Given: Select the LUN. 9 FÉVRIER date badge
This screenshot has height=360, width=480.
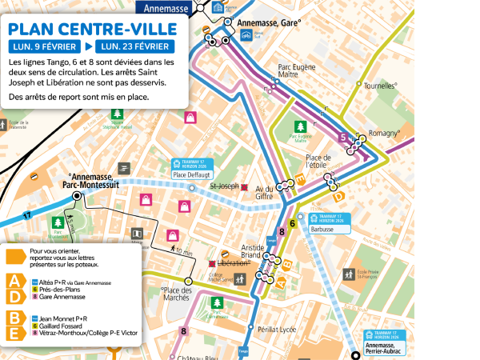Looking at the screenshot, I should [x=43, y=46].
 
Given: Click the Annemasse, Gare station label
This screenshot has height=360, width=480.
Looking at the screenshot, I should [x=270, y=23].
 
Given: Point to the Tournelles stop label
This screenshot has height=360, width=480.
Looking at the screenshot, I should [x=381, y=85].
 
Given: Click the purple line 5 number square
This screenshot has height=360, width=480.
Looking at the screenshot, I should [x=344, y=138].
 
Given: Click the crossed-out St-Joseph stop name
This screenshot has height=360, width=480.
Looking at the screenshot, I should [x=225, y=186].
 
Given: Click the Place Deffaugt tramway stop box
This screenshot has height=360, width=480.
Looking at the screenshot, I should [x=191, y=169].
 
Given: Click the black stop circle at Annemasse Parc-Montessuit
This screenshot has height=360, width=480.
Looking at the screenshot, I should [x=77, y=195].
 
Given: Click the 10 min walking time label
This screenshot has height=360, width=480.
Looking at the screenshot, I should [x=183, y=252].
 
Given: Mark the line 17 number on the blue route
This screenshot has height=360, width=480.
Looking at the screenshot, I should [x=27, y=215].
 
